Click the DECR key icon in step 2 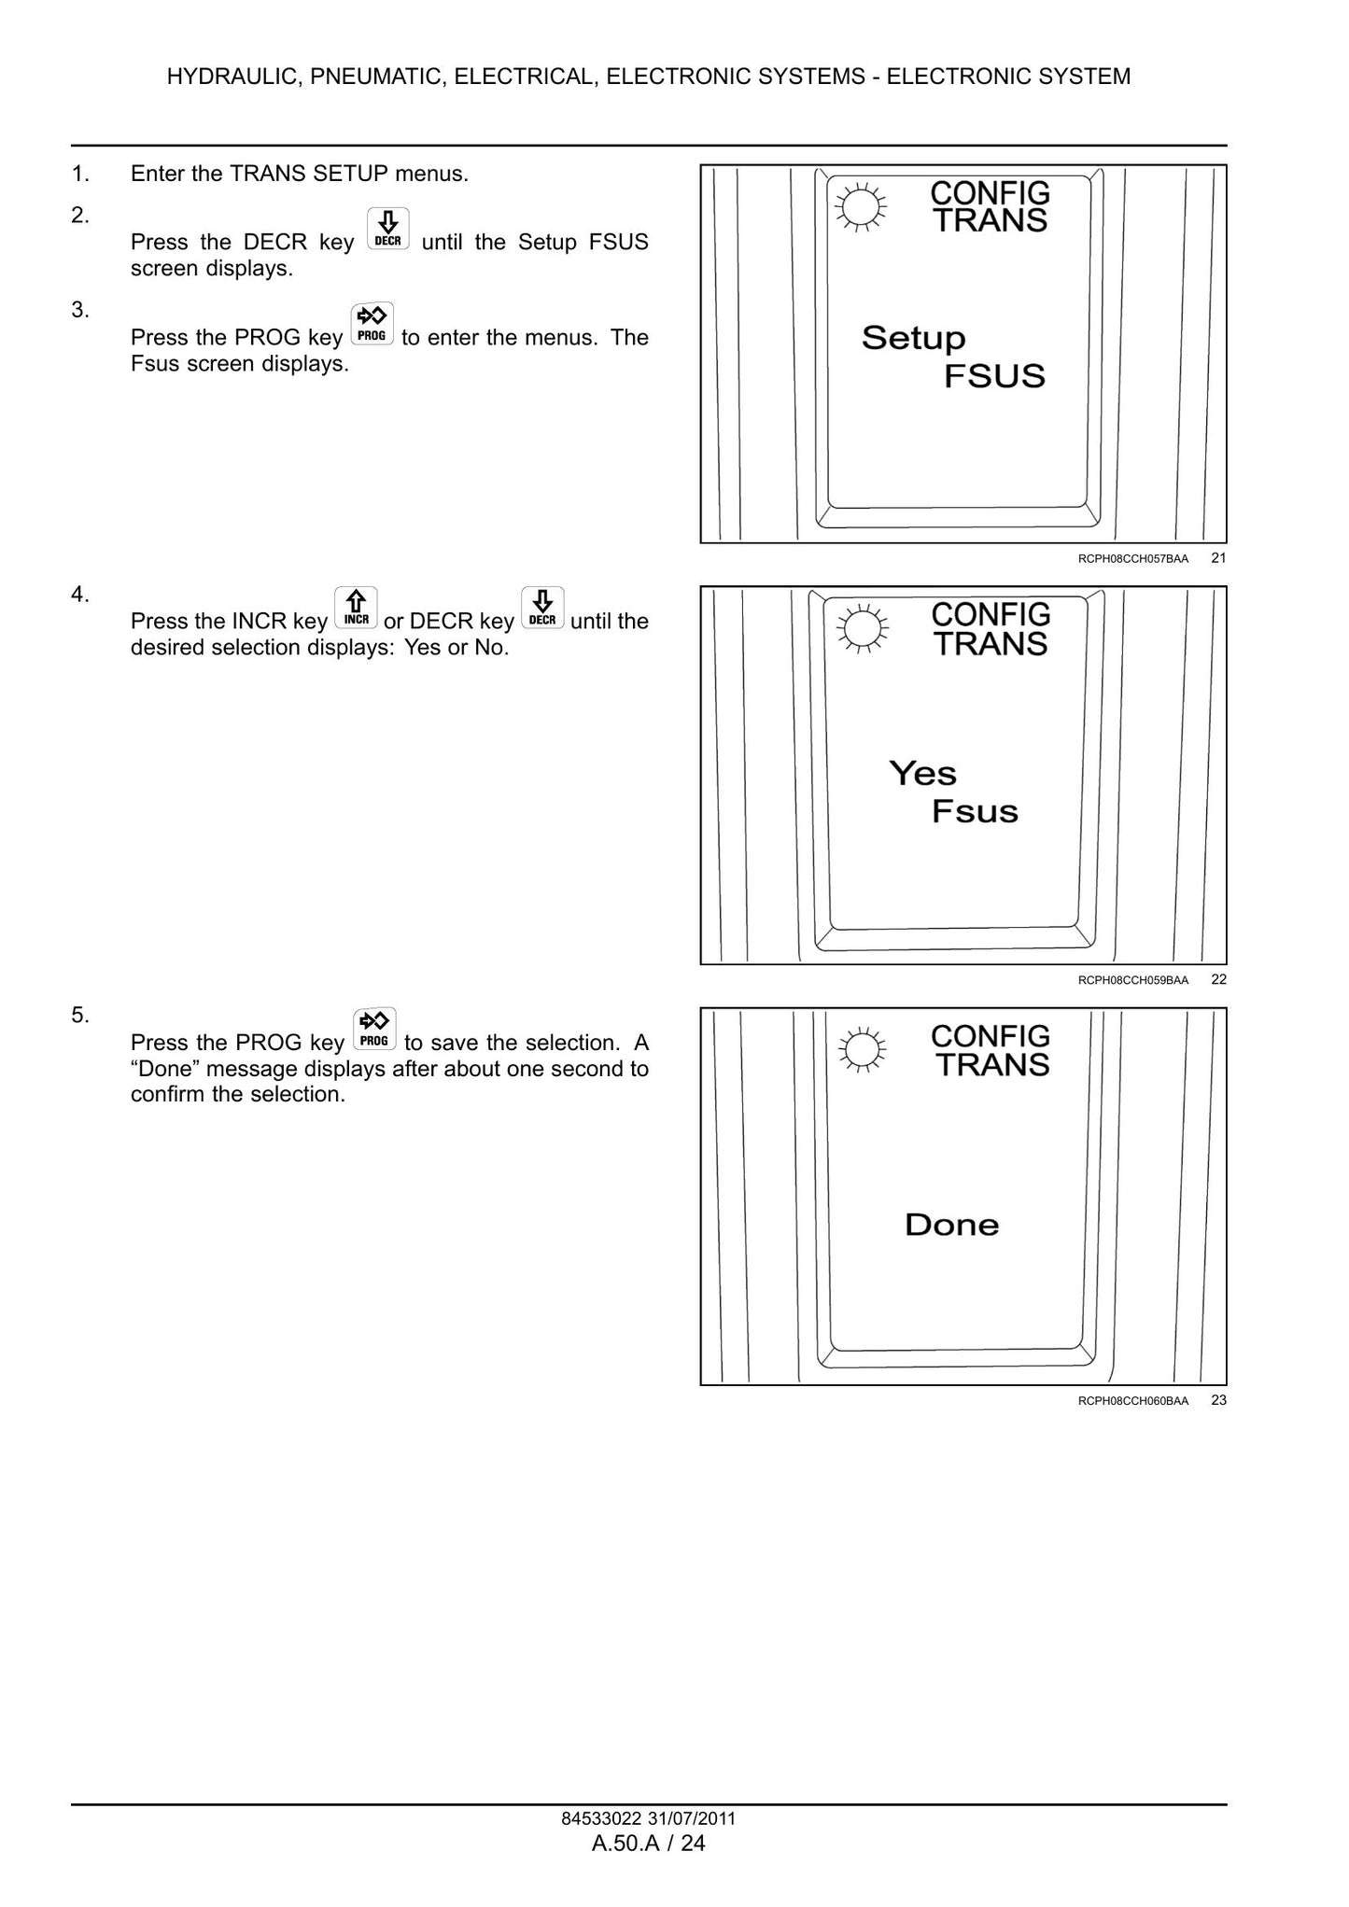pos(387,230)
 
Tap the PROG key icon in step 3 pos(372,325)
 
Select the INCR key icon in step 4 pos(356,608)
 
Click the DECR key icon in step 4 pos(542,608)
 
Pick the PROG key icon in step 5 pos(374,1030)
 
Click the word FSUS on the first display pos(994,376)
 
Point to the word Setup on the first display pos(913,339)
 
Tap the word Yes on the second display pos(922,773)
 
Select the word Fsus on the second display pos(975,811)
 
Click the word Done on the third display pos(951,1225)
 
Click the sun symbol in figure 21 pos(860,207)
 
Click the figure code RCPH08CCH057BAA pos(1132,559)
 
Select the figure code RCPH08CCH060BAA pos(1132,1401)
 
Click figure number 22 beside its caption pos(1218,979)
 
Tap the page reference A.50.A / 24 pos(649,1843)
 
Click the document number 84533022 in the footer pos(601,1818)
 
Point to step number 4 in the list pos(80,595)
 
